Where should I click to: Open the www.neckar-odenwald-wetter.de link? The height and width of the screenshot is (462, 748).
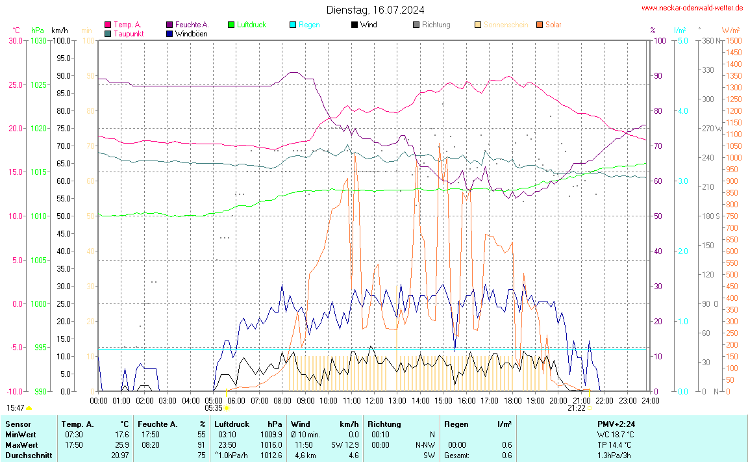coord(692,8)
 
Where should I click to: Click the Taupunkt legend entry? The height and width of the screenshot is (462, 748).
coord(129,34)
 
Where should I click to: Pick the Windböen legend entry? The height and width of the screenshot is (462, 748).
coord(192,34)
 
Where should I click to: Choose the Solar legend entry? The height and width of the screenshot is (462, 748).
coord(553,25)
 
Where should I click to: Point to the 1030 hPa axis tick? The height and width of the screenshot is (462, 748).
coord(39,40)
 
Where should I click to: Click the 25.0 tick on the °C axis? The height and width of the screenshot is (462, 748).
coord(14,84)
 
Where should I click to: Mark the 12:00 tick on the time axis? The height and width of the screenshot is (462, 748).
coord(375,401)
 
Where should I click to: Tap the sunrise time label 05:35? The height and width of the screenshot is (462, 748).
coord(214,408)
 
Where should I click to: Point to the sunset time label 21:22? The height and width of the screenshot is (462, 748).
coord(577,408)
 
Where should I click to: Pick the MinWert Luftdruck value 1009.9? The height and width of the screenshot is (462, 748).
coord(272,435)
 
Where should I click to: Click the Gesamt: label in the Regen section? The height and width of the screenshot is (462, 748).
coord(456,456)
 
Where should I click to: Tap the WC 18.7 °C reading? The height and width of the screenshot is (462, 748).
coord(616,435)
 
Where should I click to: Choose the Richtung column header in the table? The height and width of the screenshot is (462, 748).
coord(384,424)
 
